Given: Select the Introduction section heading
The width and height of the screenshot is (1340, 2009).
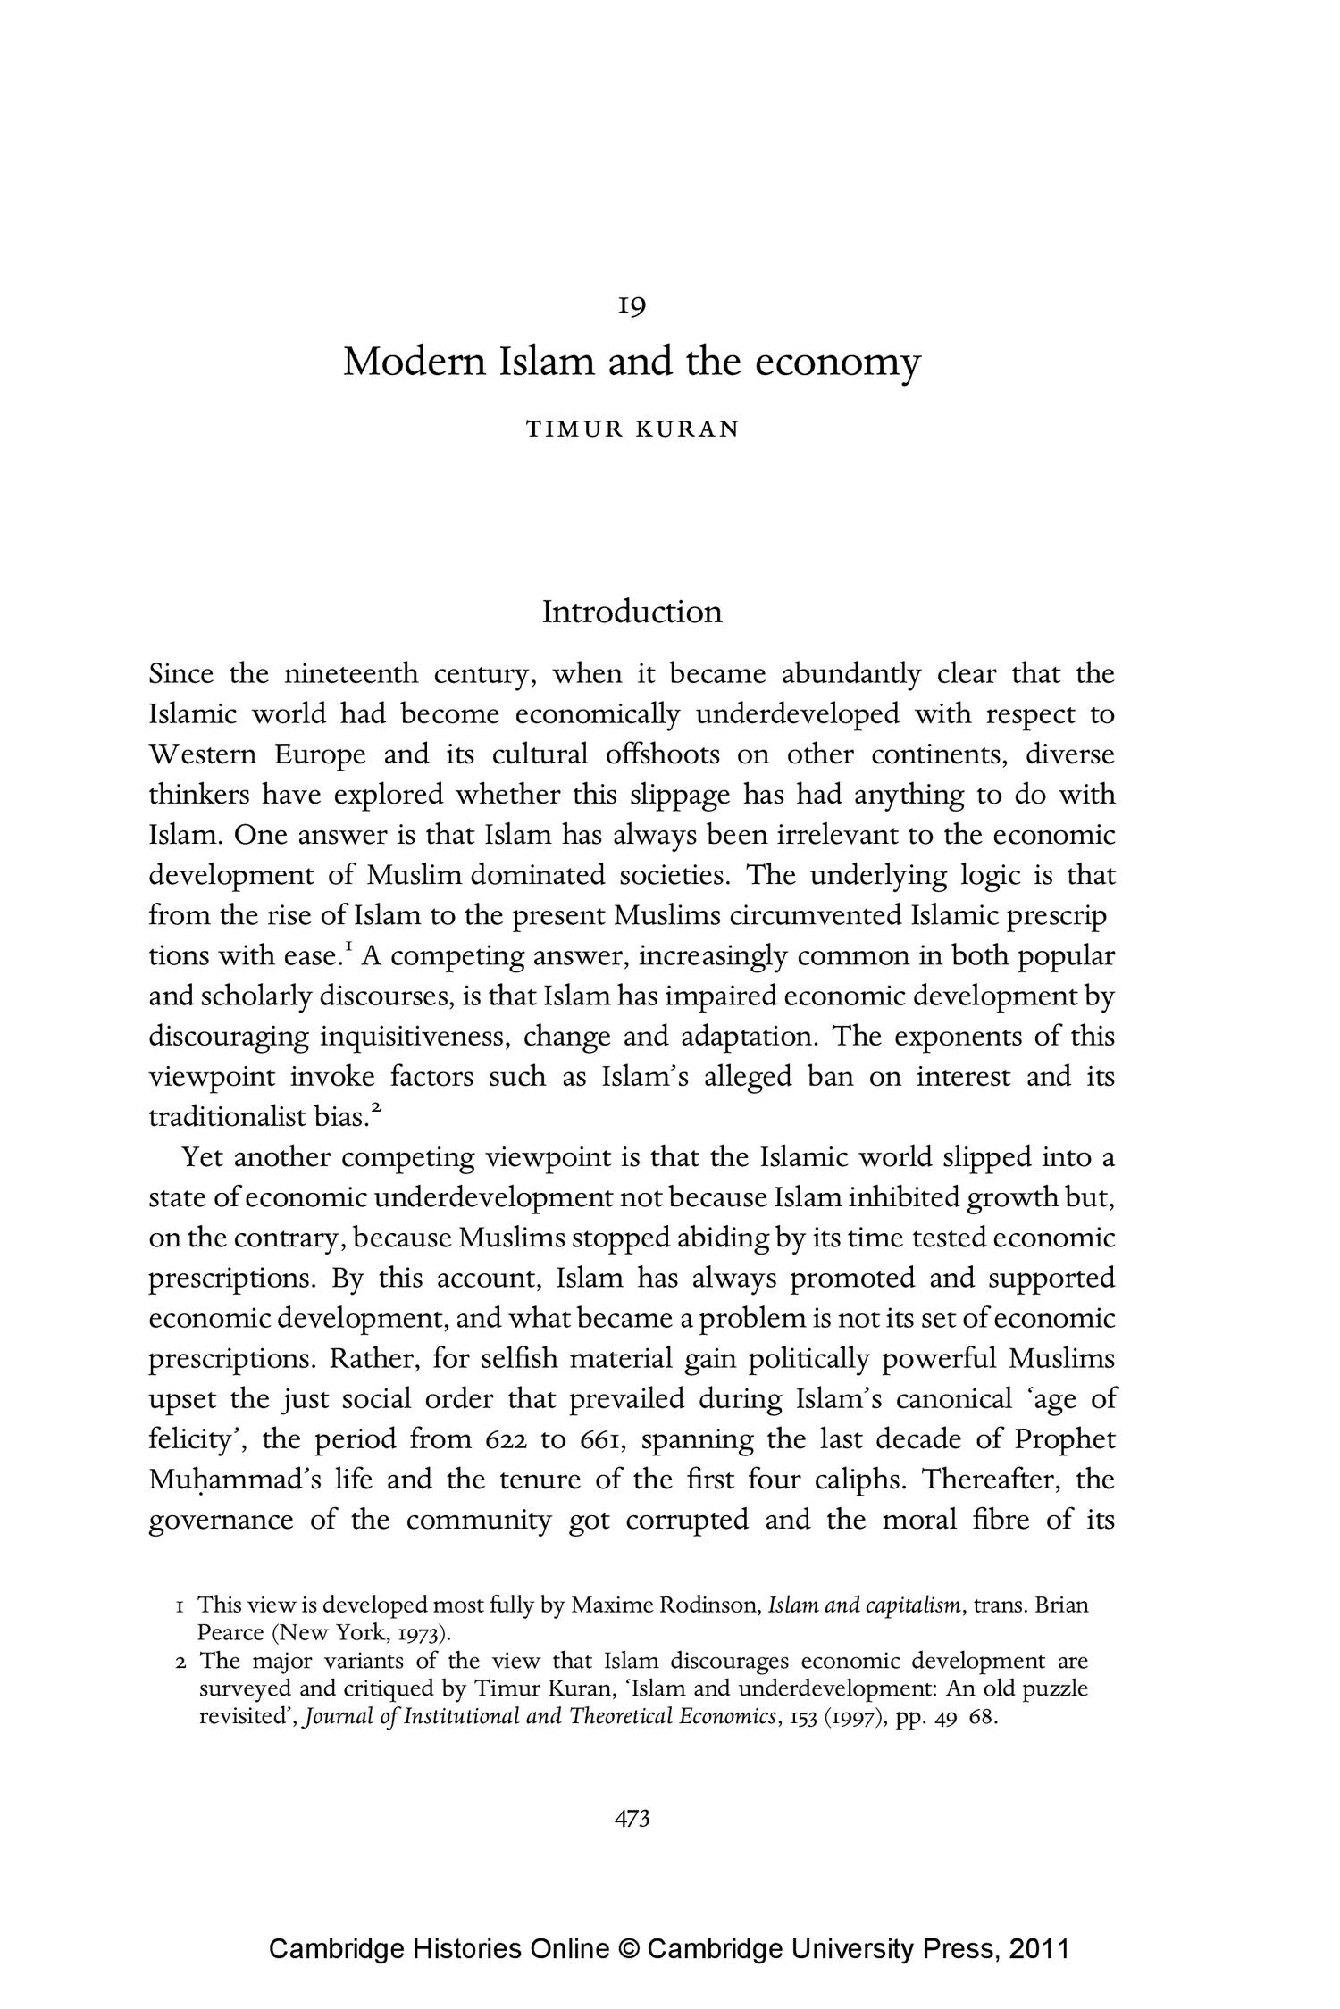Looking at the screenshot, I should pyautogui.click(x=632, y=613).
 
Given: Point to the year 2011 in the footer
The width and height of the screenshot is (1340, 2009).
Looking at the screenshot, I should pyautogui.click(x=1038, y=1948).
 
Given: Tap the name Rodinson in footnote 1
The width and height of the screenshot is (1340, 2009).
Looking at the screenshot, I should pyautogui.click(x=708, y=1605).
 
